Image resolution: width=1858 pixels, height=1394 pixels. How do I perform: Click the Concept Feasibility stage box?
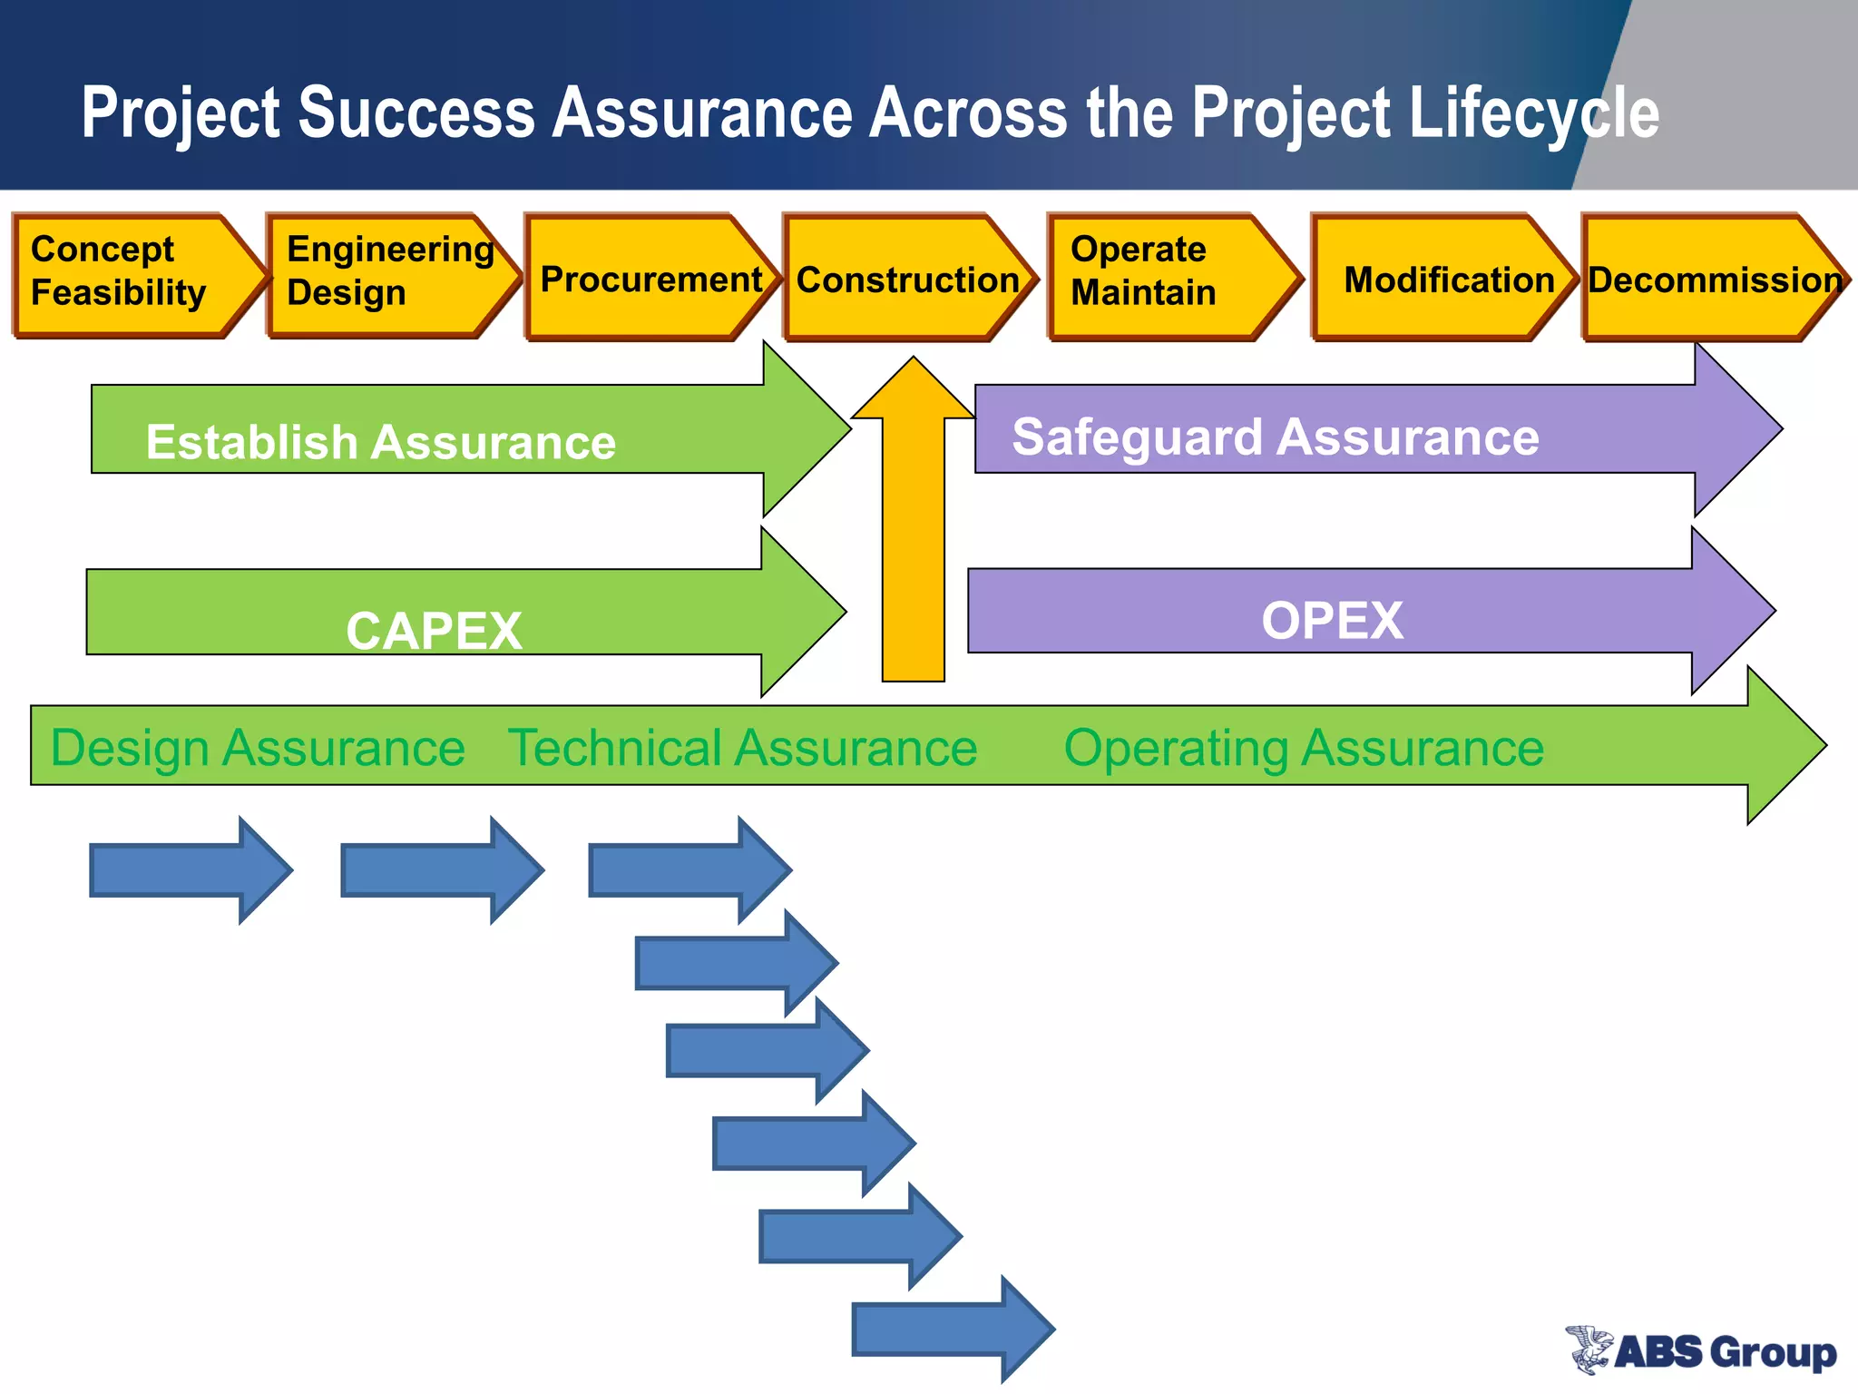point(127,276)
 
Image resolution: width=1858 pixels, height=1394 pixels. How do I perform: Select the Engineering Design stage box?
point(386,276)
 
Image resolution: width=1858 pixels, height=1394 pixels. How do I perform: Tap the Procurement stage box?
point(649,278)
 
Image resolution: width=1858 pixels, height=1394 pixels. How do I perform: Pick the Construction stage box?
point(907,278)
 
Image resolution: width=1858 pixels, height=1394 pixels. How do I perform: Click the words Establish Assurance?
point(380,442)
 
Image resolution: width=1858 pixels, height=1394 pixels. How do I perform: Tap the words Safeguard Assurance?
point(1275,437)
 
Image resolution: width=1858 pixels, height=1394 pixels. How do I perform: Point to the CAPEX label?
point(434,630)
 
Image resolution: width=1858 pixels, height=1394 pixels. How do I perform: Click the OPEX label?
point(1331,621)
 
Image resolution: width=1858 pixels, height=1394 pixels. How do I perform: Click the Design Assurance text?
point(258,748)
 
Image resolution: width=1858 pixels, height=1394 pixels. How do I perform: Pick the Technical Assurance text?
point(742,748)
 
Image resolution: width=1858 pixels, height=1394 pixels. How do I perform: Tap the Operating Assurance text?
point(1303,748)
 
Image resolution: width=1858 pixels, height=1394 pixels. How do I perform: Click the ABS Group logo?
point(1700,1350)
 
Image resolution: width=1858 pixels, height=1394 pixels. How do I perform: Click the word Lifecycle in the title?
point(1533,113)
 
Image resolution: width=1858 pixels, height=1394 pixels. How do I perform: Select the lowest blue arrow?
point(948,1330)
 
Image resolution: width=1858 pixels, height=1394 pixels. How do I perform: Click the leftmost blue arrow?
point(186,869)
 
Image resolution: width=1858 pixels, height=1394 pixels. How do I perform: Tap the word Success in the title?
point(416,113)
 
